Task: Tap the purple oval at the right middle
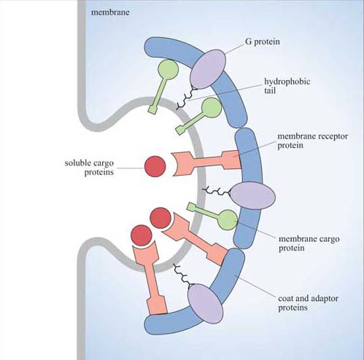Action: point(252,195)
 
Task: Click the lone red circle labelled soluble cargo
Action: point(155,166)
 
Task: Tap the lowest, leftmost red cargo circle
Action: point(140,235)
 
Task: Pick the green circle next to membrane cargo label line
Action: point(227,219)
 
